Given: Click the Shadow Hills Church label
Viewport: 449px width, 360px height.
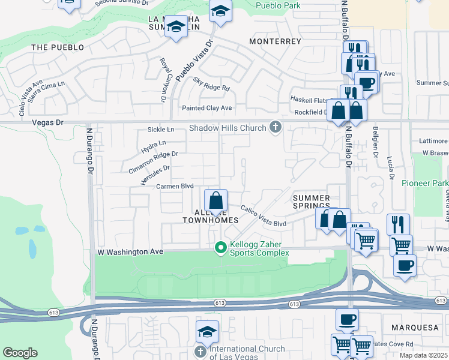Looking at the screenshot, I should click(x=228, y=128).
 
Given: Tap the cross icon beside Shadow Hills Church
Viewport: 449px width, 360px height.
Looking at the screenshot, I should click(x=276, y=127).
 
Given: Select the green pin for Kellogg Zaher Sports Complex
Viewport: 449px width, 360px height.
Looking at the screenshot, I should click(x=221, y=247).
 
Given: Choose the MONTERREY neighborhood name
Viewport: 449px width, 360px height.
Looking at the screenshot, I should click(x=275, y=41).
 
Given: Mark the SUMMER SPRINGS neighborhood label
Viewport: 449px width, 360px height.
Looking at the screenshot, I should click(x=311, y=202).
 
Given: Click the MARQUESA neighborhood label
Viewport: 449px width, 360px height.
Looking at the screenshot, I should click(x=411, y=328).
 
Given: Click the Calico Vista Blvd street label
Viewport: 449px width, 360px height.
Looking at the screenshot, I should click(x=264, y=216).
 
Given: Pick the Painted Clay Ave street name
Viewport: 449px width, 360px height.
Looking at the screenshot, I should click(x=206, y=108).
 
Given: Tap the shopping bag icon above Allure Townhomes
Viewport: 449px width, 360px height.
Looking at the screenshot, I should click(x=216, y=200).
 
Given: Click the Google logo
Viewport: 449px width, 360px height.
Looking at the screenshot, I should click(x=20, y=353).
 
